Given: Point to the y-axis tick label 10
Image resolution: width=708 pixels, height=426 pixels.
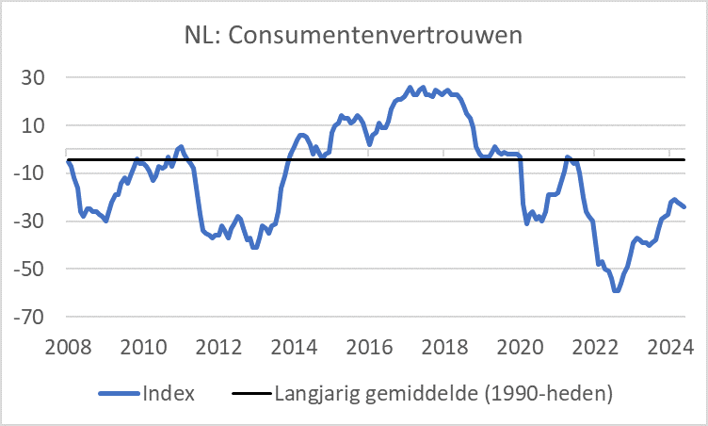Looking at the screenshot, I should (x=34, y=125).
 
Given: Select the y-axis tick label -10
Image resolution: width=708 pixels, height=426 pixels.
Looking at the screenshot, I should (x=31, y=173).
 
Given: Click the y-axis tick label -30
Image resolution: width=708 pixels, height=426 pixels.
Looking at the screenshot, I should (x=31, y=221).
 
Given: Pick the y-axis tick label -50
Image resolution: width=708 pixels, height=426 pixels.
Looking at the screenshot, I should (x=31, y=270).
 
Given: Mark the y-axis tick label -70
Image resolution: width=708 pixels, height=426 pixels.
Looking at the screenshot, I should (x=31, y=318).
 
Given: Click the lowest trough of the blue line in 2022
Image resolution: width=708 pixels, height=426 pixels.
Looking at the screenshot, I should (x=616, y=290).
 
